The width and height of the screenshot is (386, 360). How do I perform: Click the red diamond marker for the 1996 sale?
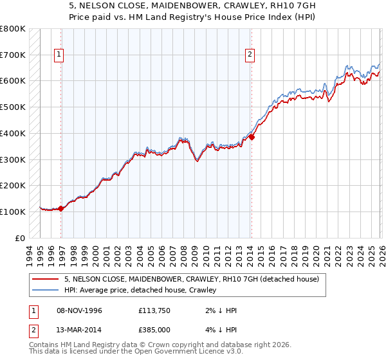click(61, 208)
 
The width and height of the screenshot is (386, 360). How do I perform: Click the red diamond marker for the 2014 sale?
click(252, 137)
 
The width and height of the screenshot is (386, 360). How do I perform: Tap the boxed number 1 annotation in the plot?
click(59, 55)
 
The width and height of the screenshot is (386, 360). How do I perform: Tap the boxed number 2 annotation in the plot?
click(249, 55)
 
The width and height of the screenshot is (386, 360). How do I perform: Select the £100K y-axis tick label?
click(13, 212)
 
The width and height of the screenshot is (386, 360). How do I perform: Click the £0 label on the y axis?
click(19, 238)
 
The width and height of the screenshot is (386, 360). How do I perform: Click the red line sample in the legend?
click(46, 279)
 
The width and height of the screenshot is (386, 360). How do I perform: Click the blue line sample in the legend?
click(46, 290)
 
